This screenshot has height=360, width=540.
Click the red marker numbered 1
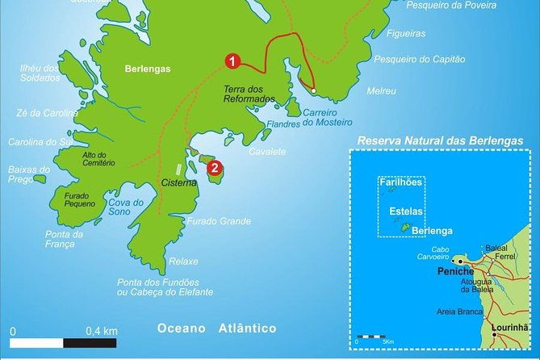(231, 61)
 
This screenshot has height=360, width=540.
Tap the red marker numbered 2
(214, 168)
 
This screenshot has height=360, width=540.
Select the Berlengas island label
(148, 69)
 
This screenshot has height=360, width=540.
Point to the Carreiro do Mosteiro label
(327, 119)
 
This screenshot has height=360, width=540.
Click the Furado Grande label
(218, 221)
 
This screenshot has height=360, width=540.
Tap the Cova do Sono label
(127, 207)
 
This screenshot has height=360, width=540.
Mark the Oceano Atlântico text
(216, 329)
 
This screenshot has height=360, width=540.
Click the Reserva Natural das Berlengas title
(440, 141)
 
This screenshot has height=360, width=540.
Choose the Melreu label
(381, 91)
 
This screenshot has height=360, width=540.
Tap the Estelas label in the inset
(406, 211)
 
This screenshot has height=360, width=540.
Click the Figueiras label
(405, 33)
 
